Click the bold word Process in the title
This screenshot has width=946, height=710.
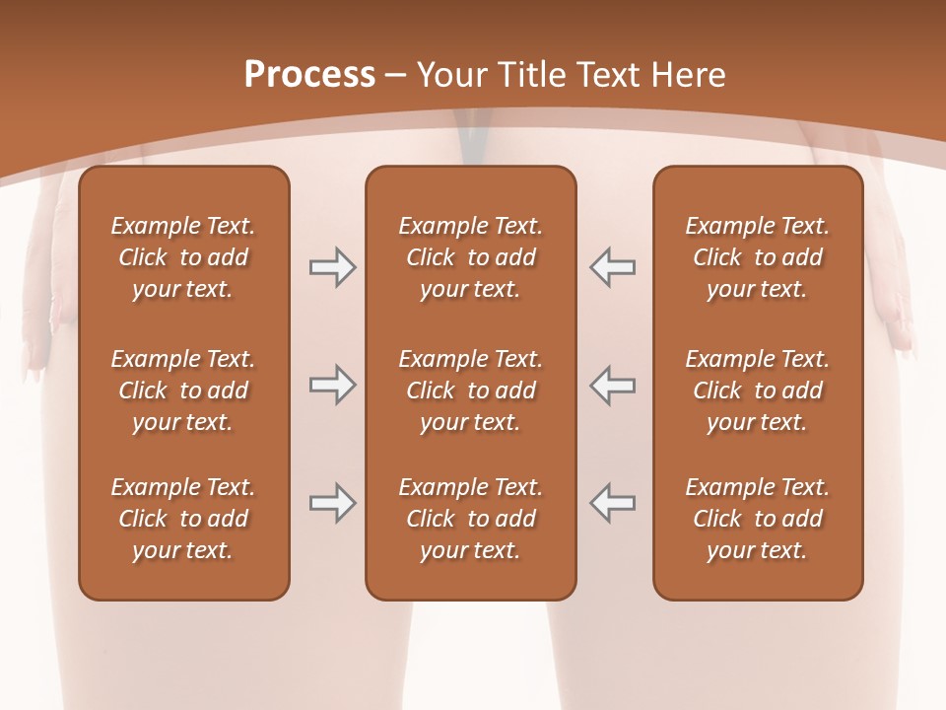[309, 75]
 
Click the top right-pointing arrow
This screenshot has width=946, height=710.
[332, 267]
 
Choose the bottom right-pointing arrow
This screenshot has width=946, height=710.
[332, 503]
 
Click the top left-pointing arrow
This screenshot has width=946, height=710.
[612, 267]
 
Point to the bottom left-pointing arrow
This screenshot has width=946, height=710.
[612, 503]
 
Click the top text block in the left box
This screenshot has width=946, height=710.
[183, 257]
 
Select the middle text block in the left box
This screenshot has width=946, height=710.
[183, 390]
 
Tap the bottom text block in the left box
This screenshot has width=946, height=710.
[183, 519]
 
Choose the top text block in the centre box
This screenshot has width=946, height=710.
[470, 257]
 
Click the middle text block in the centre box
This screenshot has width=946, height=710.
[470, 390]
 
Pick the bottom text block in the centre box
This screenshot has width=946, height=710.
[470, 519]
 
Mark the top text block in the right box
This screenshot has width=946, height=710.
[757, 257]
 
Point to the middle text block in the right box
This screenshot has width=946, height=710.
[757, 390]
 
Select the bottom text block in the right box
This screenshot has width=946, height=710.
[757, 519]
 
